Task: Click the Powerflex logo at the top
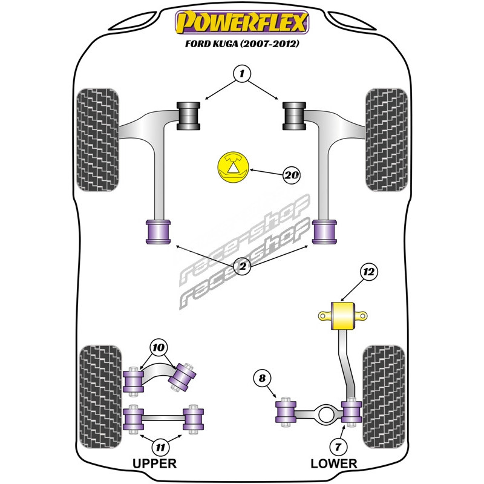point(242,22)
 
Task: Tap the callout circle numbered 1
point(242,73)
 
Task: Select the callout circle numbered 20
point(292,175)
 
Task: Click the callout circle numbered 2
point(243,266)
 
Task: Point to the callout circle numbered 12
point(368,272)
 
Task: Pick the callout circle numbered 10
point(159,347)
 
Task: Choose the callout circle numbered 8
point(262,378)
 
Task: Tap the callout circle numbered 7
point(338,446)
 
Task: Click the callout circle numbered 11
point(160,446)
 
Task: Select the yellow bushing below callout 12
point(343,316)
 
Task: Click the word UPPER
point(154,463)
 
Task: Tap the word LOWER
point(334,463)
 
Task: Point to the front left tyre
point(97,140)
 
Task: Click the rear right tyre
point(384,397)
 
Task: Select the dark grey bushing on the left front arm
point(188,116)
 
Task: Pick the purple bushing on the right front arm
point(324,232)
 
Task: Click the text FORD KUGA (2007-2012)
point(242,44)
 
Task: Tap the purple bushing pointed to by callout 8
point(286,412)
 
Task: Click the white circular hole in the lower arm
point(327,414)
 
